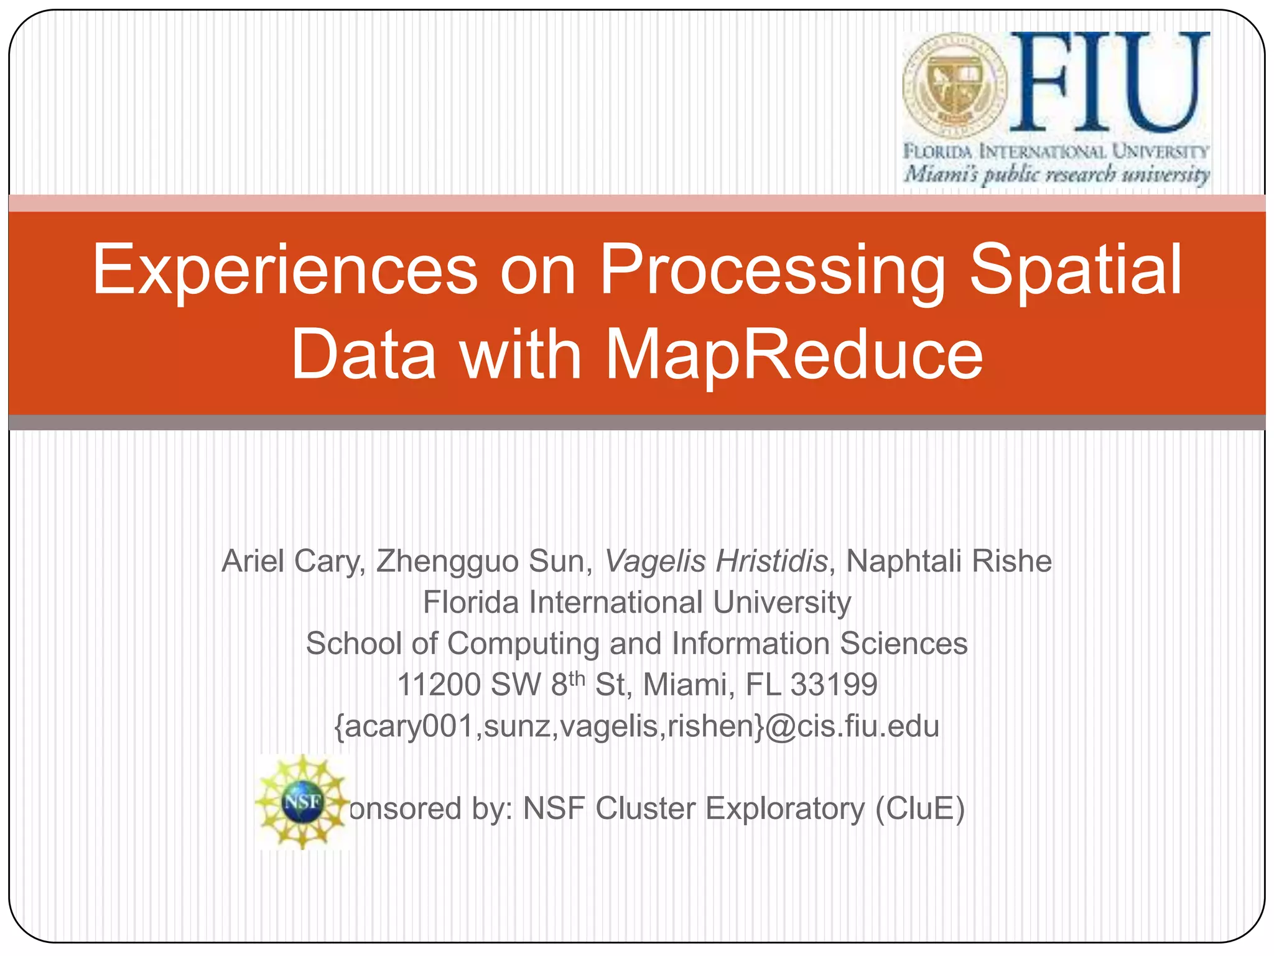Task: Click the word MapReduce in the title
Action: (794, 355)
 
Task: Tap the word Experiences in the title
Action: (285, 270)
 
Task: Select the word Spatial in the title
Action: (1076, 270)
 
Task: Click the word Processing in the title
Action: (772, 270)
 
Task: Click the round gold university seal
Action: (955, 85)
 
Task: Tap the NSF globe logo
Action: (302, 802)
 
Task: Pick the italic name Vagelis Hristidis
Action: (716, 561)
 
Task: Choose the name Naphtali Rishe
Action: (949, 561)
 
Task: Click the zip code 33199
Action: (834, 685)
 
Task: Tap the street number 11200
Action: (439, 685)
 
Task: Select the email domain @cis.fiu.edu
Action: (852, 726)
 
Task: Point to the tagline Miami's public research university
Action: (1056, 174)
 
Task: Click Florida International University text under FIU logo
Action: (1056, 151)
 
